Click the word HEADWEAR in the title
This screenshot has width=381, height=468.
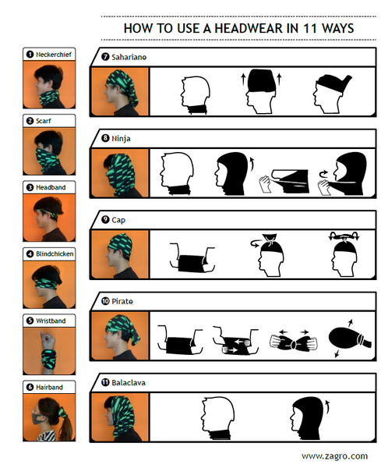(x=249, y=28)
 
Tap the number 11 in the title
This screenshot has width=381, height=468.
(x=310, y=28)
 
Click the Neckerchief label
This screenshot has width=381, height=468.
(x=54, y=55)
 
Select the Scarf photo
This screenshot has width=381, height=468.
(x=49, y=151)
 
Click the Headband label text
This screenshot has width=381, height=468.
(x=51, y=187)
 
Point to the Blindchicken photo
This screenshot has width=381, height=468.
(x=49, y=285)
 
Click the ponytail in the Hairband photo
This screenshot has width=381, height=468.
(x=66, y=424)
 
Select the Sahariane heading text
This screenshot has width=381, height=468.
(x=129, y=57)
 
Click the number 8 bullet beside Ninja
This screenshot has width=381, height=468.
(x=105, y=138)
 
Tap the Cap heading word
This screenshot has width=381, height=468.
(x=118, y=220)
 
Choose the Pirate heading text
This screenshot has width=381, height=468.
(x=122, y=301)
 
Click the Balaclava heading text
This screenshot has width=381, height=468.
(x=129, y=383)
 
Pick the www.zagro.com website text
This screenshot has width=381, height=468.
(x=334, y=456)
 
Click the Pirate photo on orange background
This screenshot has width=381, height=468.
(x=120, y=335)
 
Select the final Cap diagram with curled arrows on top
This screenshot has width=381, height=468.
(x=344, y=254)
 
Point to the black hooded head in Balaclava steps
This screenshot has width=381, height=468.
(x=306, y=418)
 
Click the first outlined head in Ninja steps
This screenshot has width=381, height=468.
(x=177, y=174)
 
